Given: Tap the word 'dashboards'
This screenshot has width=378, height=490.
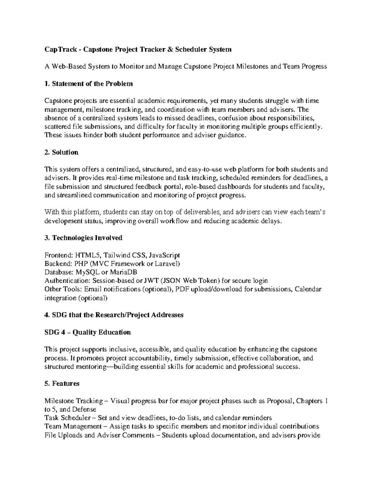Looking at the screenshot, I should click(x=232, y=187).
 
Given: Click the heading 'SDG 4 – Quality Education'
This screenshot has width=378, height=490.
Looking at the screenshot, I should click(x=88, y=332).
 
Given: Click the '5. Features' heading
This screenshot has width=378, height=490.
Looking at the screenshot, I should click(x=62, y=384).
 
